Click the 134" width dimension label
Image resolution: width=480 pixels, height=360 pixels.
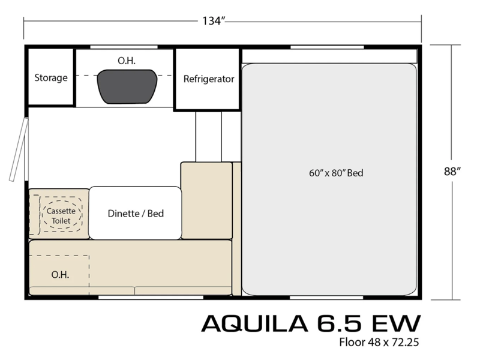pyautogui.click(x=214, y=21)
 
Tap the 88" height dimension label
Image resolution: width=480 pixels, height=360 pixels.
pyautogui.click(x=452, y=172)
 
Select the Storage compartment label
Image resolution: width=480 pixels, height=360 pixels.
pyautogui.click(x=51, y=77)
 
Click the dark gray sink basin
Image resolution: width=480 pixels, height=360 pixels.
pyautogui.click(x=127, y=86)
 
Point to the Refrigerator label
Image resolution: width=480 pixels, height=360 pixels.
pyautogui.click(x=209, y=79)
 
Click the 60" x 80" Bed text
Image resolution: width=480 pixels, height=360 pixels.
pyautogui.click(x=336, y=173)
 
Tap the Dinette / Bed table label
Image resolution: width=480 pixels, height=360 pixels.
pyautogui.click(x=136, y=214)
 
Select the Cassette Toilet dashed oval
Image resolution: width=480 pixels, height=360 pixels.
pyautogui.click(x=61, y=215)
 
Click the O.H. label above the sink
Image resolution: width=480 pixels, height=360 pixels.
pyautogui.click(x=127, y=61)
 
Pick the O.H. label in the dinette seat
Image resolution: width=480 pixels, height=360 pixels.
pyautogui.click(x=60, y=275)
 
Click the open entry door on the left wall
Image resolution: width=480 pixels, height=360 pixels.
pyautogui.click(x=19, y=149)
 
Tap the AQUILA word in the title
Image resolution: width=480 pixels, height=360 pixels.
pyautogui.click(x=254, y=323)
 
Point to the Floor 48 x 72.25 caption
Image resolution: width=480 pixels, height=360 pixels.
pyautogui.click(x=379, y=342)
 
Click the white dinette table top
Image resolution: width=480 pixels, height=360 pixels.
pyautogui.click(x=136, y=213)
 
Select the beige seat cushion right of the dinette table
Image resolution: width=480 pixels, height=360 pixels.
pyautogui.click(x=206, y=200)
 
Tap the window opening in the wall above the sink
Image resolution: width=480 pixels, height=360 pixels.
pyautogui.click(x=124, y=47)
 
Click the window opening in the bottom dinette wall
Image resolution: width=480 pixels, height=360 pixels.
pyautogui.click(x=151, y=297)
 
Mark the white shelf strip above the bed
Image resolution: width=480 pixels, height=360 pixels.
pyautogui.click(x=329, y=56)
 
